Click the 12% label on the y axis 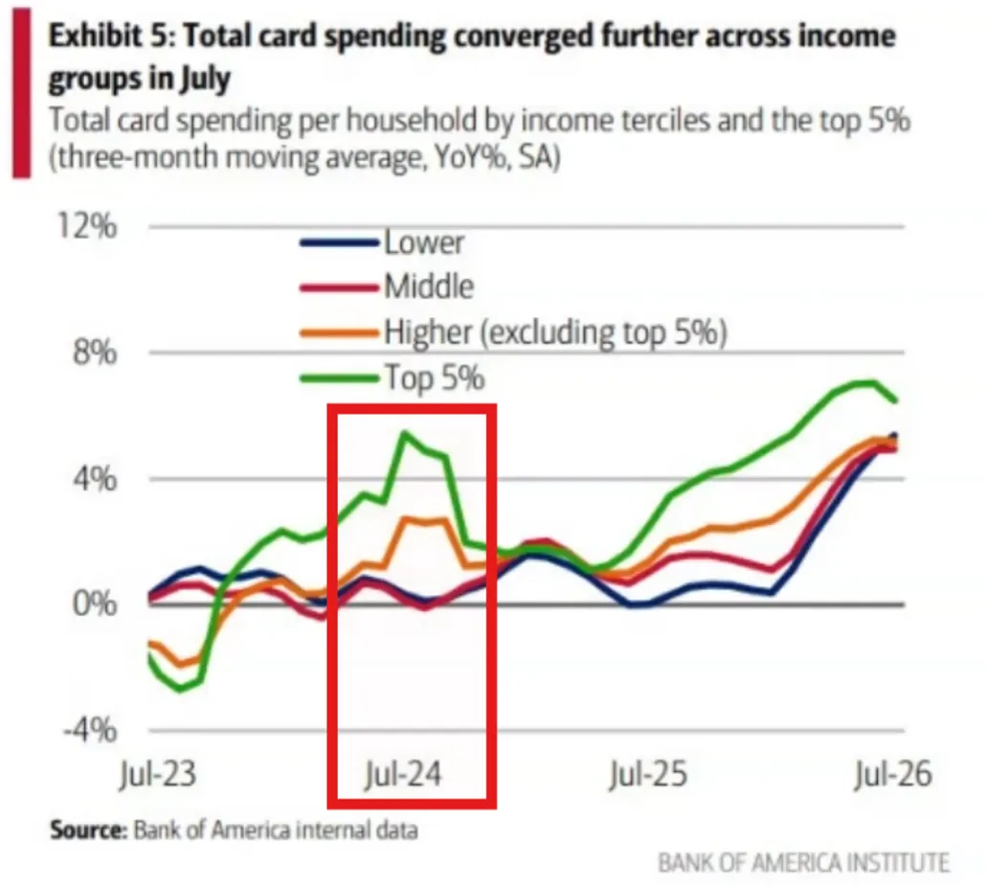[x=87, y=225]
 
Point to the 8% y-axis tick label [x=95, y=352]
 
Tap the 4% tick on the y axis [x=95, y=478]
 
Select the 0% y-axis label [x=95, y=605]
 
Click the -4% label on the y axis [x=90, y=730]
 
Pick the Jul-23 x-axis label [x=158, y=773]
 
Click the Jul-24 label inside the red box [x=403, y=773]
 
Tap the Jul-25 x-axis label [x=648, y=773]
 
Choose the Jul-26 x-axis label [x=892, y=773]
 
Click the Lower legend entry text [x=424, y=242]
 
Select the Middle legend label [x=429, y=286]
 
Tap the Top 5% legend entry [x=435, y=377]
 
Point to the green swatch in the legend [x=340, y=377]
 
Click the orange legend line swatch [x=340, y=332]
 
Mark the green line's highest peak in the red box [x=403, y=433]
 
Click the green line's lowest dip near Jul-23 [x=181, y=689]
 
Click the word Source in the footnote [x=88, y=830]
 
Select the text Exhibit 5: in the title [x=111, y=36]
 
